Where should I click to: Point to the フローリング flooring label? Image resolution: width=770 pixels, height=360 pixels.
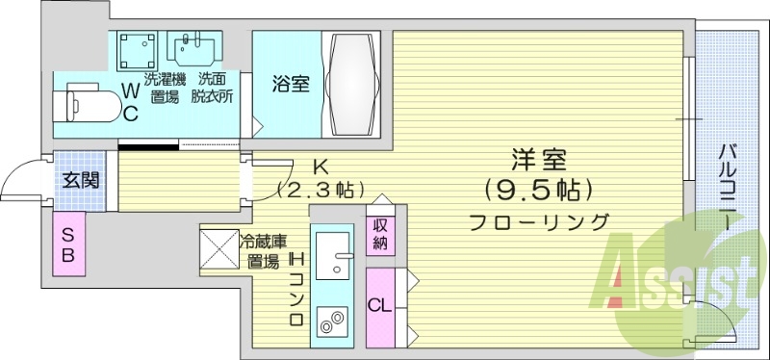pos(538,222)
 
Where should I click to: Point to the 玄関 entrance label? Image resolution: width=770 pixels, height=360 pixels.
pos(77,180)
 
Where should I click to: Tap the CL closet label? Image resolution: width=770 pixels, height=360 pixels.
pos(381,307)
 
